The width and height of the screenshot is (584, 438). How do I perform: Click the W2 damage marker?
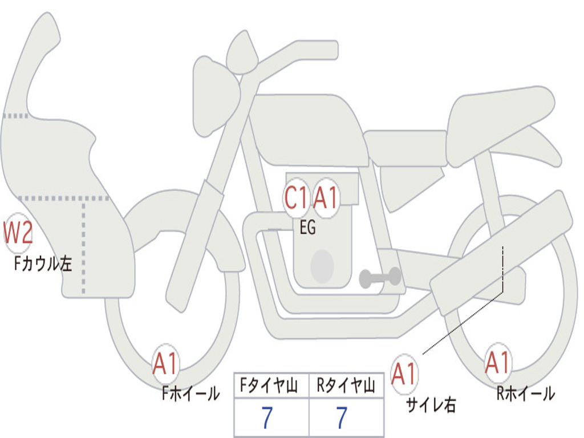18,233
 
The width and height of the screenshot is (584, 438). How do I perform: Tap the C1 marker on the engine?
297,197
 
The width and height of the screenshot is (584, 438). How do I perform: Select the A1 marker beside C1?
326,197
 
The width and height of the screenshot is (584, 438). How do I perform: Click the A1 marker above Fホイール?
165,363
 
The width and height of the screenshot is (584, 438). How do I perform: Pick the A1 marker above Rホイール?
497,362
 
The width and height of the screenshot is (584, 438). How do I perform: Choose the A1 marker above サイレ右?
404,374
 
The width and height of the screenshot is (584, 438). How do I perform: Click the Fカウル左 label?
43,263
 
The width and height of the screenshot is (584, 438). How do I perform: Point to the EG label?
307,227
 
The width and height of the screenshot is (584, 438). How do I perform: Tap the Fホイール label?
190,394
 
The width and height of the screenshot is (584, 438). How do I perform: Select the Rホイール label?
525,394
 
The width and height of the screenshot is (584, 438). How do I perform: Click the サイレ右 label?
431,405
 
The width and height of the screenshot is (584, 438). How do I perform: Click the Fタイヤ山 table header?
269,386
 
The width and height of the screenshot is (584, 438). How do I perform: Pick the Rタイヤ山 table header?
346,386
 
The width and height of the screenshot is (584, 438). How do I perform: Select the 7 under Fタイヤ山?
267,417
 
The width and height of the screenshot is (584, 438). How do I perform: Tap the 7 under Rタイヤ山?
342,417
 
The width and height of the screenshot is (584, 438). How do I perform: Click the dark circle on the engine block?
322,266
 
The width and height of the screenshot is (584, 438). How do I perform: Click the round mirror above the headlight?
242,52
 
